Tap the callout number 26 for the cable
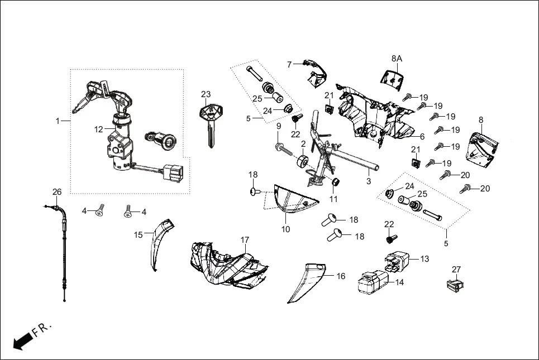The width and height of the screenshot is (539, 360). (57, 192)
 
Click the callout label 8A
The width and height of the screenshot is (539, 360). (397, 58)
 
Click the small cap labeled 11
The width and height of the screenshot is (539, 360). (336, 183)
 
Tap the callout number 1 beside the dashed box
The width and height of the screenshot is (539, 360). (58, 121)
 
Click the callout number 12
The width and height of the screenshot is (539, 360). (98, 129)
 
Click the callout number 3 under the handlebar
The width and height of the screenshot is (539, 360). (369, 182)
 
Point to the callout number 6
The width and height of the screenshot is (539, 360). (422, 137)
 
